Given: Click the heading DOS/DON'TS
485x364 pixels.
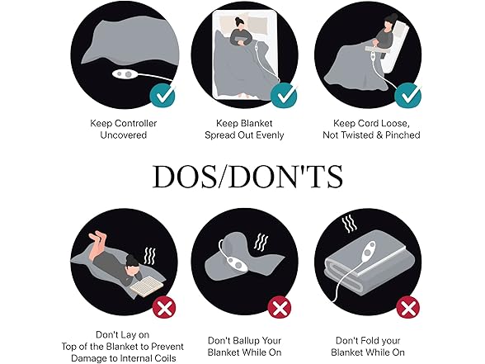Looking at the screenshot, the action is click(247, 177).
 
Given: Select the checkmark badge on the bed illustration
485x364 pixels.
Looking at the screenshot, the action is click(284, 96).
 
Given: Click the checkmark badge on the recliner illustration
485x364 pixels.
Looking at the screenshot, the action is click(407, 96).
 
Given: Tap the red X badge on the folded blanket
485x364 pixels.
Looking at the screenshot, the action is click(408, 307).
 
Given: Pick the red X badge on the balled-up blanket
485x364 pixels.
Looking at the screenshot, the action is click(280, 307).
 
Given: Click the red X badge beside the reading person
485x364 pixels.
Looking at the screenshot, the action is click(164, 307).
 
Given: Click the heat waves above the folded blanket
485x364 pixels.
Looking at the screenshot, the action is click(350, 225).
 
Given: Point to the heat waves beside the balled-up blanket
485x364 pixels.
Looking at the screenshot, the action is click(261, 242).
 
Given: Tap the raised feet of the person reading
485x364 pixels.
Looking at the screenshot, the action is click(97, 238).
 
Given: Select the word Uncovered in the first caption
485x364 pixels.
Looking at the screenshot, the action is click(124, 135).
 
